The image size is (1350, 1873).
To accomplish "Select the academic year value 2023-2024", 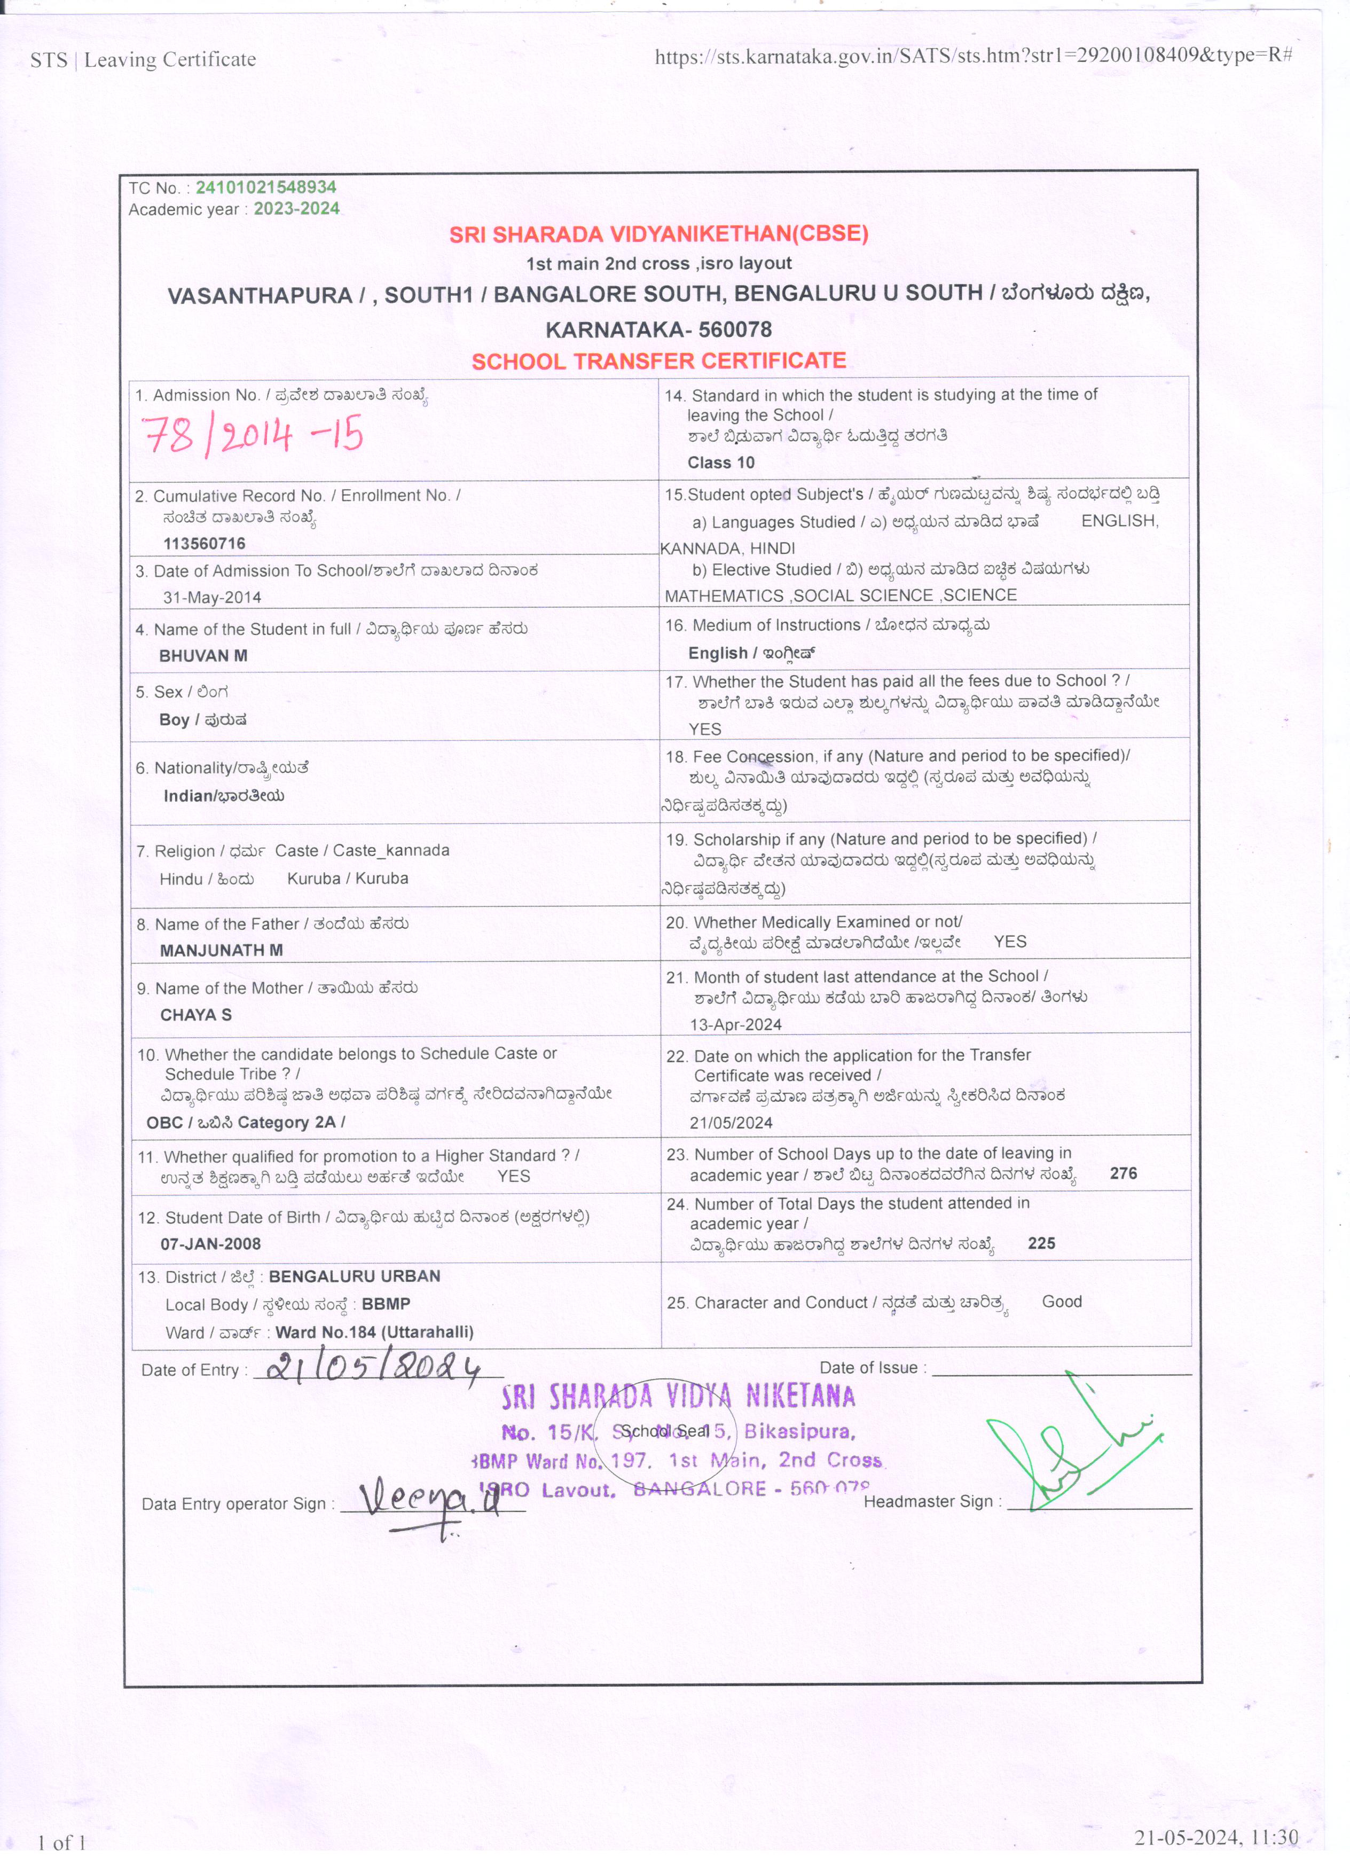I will (x=296, y=209).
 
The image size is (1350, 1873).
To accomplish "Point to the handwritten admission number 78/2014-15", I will (x=253, y=436).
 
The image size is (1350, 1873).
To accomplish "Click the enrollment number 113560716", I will (x=204, y=543).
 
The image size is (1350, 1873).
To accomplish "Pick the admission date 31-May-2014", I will (x=212, y=597).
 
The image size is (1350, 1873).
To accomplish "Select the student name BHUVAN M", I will (x=203, y=656).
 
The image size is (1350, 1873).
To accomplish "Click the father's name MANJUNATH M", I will (x=221, y=951).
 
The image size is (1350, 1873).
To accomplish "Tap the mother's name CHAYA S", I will (x=195, y=1015).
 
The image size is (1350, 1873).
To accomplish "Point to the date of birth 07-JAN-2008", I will (x=210, y=1244).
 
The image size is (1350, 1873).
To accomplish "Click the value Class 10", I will (x=721, y=463).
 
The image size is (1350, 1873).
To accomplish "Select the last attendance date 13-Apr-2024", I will (x=736, y=1025).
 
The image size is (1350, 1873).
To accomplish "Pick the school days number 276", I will (x=1123, y=1173).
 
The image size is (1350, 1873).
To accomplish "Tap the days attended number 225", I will (x=1041, y=1244).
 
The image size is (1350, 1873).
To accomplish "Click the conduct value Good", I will (x=1062, y=1302).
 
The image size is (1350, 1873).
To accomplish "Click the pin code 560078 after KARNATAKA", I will (x=735, y=330).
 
